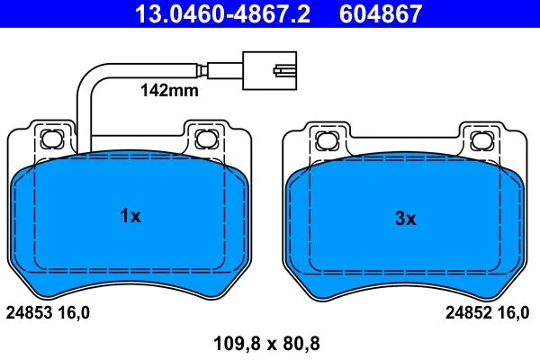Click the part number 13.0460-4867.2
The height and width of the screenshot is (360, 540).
tap(222, 13)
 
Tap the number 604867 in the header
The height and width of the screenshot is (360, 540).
tap(381, 13)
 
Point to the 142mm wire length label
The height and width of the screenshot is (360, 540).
tap(169, 91)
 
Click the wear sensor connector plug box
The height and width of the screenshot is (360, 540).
tap(270, 70)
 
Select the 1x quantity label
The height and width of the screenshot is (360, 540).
tap(130, 216)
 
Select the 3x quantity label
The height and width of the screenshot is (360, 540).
tap(406, 219)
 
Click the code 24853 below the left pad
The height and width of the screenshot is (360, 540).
tap(30, 313)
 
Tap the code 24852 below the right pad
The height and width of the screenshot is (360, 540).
tap(469, 313)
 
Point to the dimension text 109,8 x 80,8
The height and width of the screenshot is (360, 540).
tap(267, 344)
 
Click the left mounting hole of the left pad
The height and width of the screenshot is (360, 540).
tap(52, 139)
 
